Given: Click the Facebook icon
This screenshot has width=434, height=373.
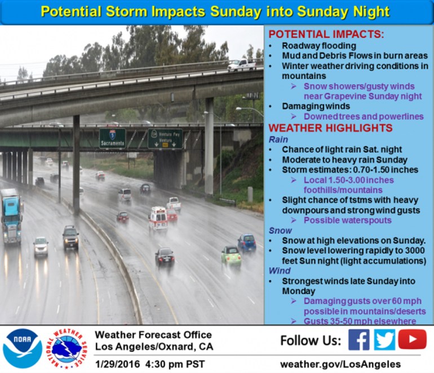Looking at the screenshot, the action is coord(359,340).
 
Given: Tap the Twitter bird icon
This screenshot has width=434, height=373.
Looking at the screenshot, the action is coord(384,340).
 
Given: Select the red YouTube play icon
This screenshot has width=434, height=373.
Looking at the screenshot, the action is coord(412,339).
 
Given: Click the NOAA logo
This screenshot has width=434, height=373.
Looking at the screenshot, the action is coord(23,348).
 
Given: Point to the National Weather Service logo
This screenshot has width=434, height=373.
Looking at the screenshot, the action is coord(67,348).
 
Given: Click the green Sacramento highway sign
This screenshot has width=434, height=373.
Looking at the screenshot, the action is coord(112,138).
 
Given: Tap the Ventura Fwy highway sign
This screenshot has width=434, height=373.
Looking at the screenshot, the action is coord(165,139).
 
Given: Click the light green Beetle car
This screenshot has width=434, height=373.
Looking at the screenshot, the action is coord(231,257).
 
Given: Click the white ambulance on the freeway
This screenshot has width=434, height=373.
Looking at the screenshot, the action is coord(158,218).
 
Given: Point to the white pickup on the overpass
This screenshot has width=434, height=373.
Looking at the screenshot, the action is coord(242,65).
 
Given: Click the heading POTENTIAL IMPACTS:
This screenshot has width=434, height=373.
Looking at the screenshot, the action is coord(326,34).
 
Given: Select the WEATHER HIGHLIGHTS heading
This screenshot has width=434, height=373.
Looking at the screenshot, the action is coord(330,128).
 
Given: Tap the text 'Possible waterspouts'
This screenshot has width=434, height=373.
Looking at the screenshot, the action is coord(348,220).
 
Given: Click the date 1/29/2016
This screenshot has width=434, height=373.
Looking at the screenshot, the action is coord(118,364).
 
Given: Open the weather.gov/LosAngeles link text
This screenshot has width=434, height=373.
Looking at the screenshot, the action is coord(340,364).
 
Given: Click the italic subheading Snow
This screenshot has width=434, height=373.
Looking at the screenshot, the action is coord(280,231).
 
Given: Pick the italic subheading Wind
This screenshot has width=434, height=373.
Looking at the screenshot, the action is coord(280,271).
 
